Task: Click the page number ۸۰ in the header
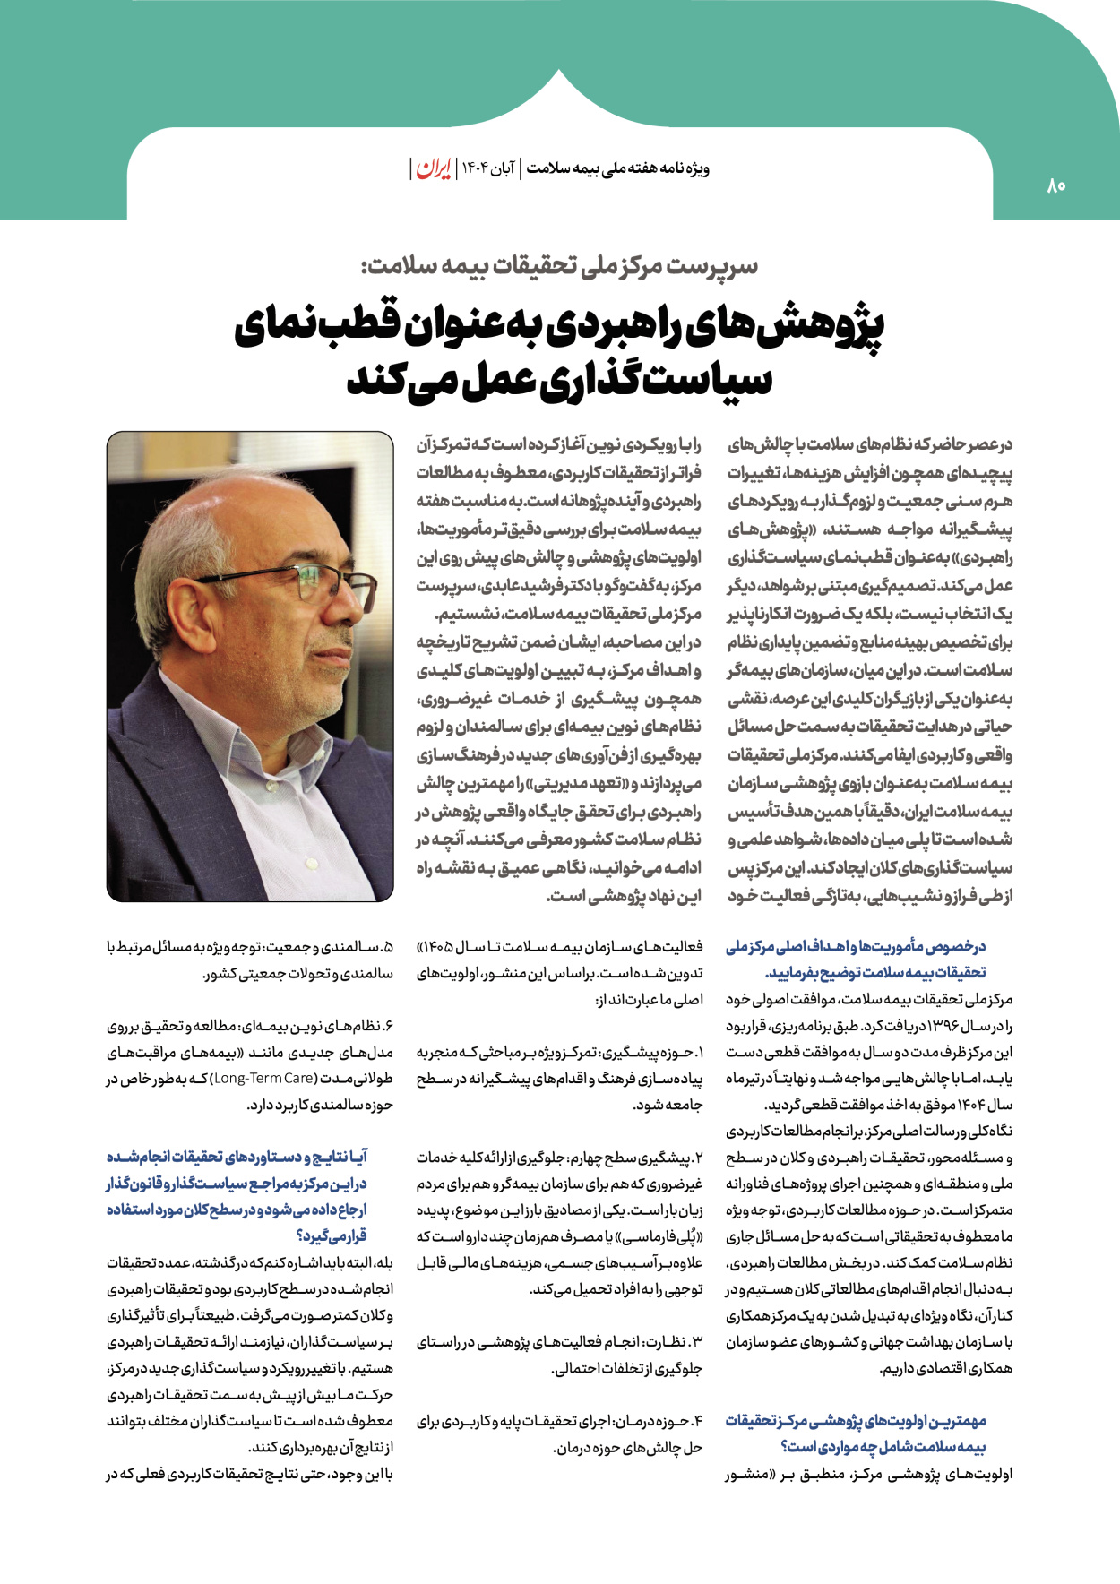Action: [1055, 186]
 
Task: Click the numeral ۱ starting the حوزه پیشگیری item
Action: [700, 1053]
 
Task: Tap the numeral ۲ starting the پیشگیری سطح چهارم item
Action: [699, 1158]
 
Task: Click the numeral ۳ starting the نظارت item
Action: [699, 1342]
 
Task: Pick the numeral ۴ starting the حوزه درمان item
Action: [699, 1421]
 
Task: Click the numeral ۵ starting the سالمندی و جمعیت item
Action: [389, 947]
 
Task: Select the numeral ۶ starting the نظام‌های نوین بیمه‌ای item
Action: [389, 1026]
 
